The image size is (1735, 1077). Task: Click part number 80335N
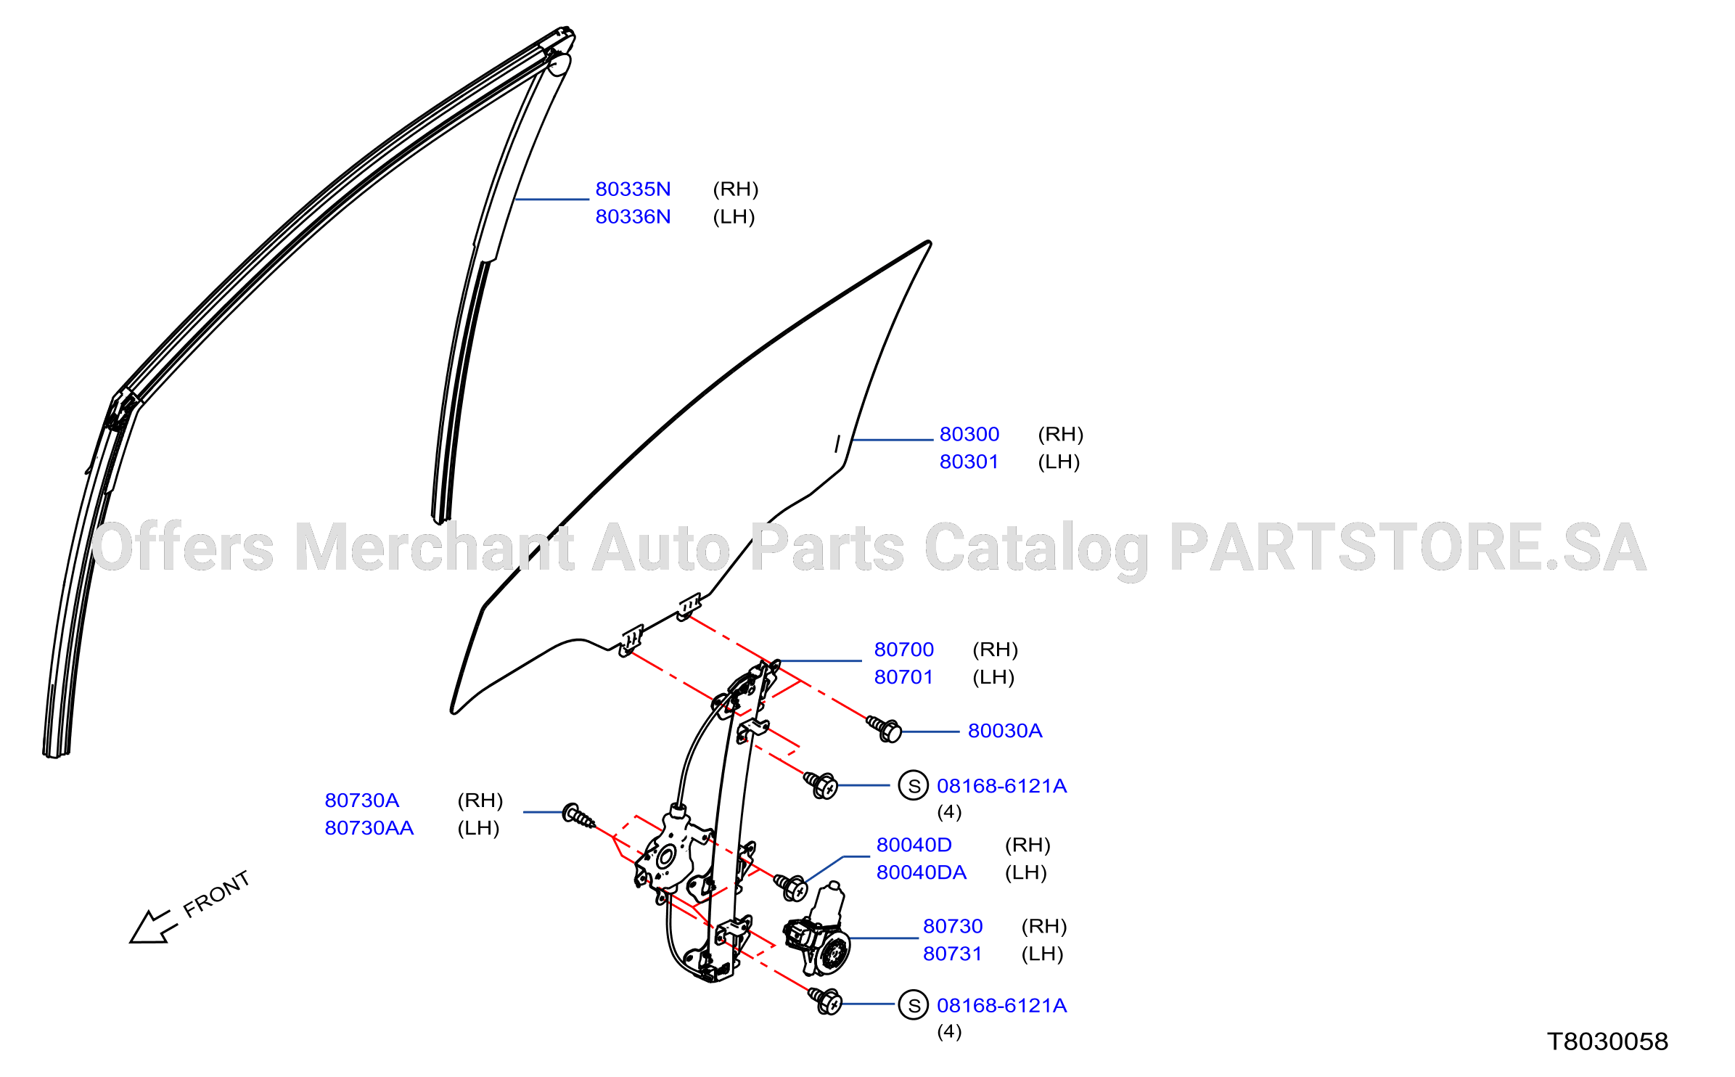633,189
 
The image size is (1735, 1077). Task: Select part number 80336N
633,217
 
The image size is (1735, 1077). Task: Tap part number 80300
969,434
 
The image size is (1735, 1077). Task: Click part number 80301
969,462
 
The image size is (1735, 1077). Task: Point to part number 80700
904,650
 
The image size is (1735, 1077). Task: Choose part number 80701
903,677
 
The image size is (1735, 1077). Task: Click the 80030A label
1005,731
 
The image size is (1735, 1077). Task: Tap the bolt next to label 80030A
884,729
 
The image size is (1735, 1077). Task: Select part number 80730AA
369,828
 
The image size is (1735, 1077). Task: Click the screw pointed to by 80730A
578,816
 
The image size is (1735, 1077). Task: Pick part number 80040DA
922,872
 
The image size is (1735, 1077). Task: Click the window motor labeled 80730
819,931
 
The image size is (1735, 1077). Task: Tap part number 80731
952,954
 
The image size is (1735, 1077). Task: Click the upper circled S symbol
914,785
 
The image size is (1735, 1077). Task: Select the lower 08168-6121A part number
1002,1006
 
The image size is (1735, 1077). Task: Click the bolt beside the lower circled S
825,1001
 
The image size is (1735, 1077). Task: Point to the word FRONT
216,894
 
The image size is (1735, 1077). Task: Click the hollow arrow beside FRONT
153,927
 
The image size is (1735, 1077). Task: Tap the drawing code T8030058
1608,1042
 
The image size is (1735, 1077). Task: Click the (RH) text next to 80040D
1028,845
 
